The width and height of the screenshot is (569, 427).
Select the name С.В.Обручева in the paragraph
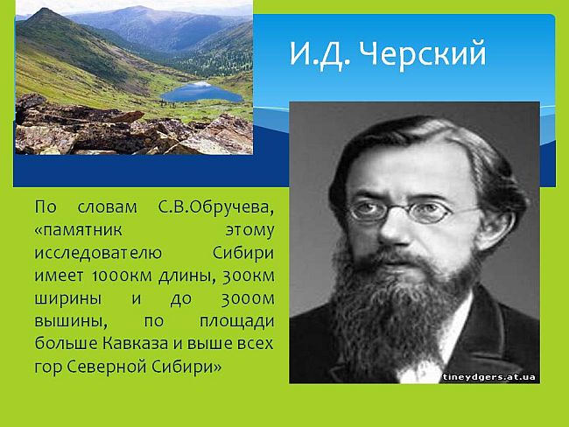[216, 208]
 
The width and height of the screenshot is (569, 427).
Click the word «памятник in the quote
[79, 231]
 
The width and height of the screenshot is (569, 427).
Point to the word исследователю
[98, 254]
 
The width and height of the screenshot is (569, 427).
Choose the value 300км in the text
[249, 276]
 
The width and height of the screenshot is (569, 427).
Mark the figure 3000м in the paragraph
[248, 299]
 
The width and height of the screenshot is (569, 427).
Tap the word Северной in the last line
[106, 367]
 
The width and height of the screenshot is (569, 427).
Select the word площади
[237, 322]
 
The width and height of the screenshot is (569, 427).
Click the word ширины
[68, 299]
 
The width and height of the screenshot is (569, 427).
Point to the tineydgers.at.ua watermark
[488, 377]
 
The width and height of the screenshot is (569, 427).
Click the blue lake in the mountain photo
[201, 92]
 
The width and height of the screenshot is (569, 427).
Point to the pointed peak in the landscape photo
[45, 10]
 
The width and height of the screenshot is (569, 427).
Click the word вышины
[71, 322]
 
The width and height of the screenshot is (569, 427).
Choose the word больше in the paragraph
[66, 344]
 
